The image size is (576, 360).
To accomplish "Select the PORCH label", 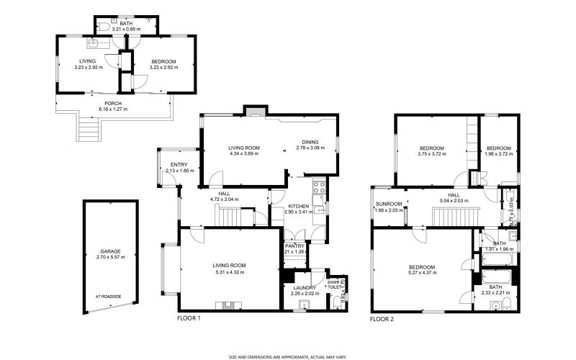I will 110,103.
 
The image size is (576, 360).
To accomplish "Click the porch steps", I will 88,132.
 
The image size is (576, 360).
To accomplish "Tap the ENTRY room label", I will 170,165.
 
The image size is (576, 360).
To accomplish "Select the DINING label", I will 310,142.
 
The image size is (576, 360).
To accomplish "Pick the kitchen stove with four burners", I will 318,192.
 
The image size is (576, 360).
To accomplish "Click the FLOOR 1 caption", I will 189,318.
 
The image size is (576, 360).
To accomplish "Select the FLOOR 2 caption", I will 382,318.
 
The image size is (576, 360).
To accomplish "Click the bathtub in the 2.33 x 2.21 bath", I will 495,276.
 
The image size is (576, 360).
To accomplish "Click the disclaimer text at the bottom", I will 288,355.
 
